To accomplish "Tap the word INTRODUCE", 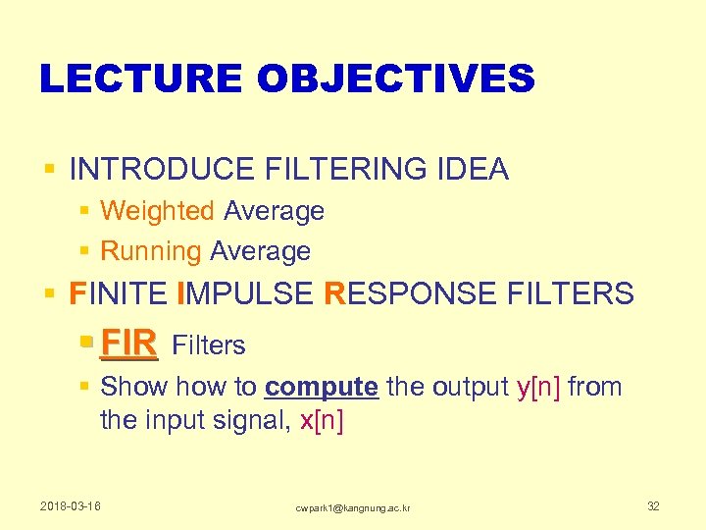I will (162, 169).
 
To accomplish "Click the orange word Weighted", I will (157, 211).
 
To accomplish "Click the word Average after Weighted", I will (274, 211).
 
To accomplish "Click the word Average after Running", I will (260, 251).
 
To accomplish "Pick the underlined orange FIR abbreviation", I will (128, 344).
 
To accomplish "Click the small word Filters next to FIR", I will (208, 345).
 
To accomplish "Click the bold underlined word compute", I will (321, 387).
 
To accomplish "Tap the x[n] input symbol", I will (322, 421).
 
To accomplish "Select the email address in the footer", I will (353, 507).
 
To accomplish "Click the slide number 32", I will (653, 506).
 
